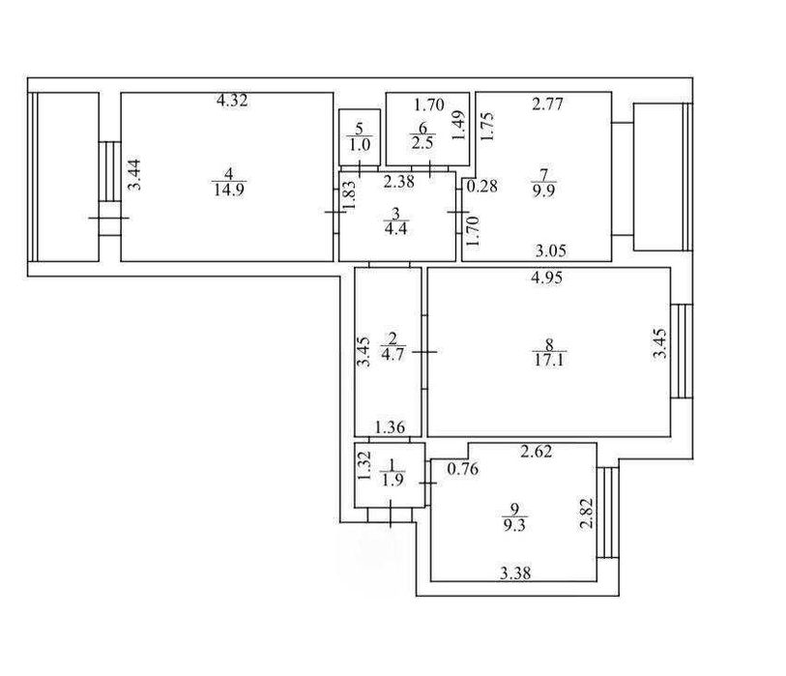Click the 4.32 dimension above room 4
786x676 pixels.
coord(232,101)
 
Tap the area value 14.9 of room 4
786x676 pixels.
coord(229,191)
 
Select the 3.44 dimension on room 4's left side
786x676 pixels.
coord(134,174)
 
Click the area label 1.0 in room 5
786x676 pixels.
coord(360,145)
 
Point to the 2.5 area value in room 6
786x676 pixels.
coord(422,143)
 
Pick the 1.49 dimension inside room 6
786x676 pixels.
coord(458,126)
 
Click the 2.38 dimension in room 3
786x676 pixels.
coord(399,182)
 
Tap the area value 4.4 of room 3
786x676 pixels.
coord(395,229)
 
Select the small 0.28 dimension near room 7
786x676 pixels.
coord(482,187)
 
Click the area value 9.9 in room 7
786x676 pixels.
coord(544,191)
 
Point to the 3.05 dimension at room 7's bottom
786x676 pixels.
coord(551,250)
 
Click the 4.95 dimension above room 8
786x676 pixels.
coord(547,278)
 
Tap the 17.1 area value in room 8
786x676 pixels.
coord(549,360)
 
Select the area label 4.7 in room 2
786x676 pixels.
coord(392,355)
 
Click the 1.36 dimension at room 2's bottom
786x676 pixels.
coord(390,427)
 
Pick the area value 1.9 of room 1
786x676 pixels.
coord(392,480)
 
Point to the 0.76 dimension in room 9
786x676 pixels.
coord(463,469)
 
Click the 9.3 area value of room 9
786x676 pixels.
coord(513,525)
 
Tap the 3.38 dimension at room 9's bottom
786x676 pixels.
coord(515,573)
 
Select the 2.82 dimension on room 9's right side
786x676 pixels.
coord(587,513)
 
